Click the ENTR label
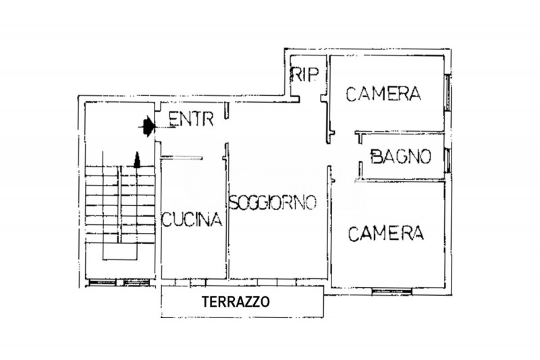pyautogui.click(x=191, y=120)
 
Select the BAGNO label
pyautogui.click(x=400, y=157)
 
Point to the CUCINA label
pyautogui.click(x=192, y=220)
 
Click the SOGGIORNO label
pyautogui.click(x=273, y=203)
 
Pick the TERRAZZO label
pyautogui.click(x=236, y=302)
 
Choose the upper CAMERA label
pyautogui.click(x=383, y=94)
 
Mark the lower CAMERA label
pyautogui.click(x=385, y=234)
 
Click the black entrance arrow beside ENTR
pyautogui.click(x=146, y=124)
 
